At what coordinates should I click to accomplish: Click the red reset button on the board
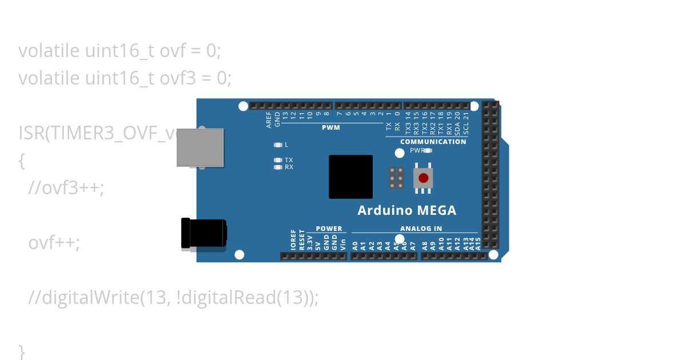point(423,178)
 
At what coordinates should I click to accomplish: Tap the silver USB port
point(200,147)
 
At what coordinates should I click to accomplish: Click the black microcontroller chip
point(350,177)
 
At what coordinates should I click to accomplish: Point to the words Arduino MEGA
point(406,210)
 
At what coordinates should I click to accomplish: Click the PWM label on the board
point(330,127)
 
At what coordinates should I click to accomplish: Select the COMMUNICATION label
point(433,141)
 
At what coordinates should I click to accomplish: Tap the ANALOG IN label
point(421,229)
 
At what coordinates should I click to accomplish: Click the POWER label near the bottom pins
point(329,229)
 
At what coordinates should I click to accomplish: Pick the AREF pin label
point(269,119)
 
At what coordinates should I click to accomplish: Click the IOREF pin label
point(293,240)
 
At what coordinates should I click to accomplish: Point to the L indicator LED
point(278,145)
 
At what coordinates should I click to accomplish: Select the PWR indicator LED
point(428,151)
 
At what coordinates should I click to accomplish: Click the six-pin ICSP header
point(396,178)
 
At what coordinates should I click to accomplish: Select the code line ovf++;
point(54,242)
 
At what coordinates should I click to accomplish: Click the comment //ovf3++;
point(66,187)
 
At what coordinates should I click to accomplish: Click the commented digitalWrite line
point(173,297)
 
